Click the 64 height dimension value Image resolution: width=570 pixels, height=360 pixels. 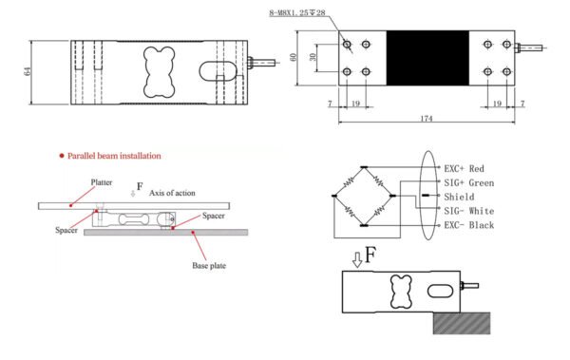pos(28,71)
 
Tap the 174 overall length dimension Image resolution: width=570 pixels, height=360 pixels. pos(426,118)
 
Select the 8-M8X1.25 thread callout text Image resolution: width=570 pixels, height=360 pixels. pos(297,12)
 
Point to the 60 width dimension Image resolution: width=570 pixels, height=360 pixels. pos(294,57)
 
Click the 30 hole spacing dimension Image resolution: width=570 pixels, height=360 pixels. pos(313,57)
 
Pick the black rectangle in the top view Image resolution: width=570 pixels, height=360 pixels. pos(427,58)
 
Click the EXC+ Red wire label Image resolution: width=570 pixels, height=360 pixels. pos(465,169)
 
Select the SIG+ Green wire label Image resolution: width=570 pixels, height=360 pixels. pos(469,182)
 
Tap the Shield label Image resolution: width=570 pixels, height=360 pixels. pos(459,197)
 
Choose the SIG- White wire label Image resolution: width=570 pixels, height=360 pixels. pos(469,211)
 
